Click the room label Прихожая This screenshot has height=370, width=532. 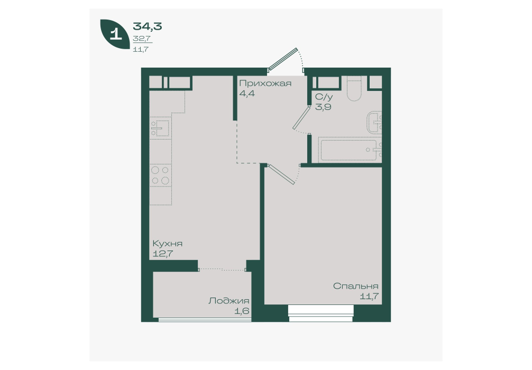(265, 84)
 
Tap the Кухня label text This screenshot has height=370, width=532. (167, 244)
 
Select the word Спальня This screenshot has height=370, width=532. (355, 286)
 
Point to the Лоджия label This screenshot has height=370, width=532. (229, 301)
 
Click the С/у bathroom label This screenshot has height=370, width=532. (324, 97)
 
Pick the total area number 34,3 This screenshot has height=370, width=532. (147, 26)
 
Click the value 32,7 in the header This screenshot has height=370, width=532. (142, 39)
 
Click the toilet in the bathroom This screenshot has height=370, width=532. (354, 88)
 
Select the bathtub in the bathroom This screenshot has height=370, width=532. (350, 150)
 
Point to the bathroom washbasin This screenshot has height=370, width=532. (374, 123)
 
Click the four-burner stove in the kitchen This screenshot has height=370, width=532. (160, 175)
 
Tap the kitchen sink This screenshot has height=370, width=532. (160, 127)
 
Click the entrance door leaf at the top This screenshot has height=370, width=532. (282, 59)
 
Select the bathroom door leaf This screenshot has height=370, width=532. (301, 117)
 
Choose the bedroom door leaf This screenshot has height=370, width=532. (281, 174)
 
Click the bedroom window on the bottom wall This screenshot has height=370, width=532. (321, 313)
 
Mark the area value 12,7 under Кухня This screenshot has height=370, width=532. (163, 253)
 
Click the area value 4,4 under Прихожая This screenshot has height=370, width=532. (247, 93)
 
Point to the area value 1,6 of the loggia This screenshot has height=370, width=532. (242, 311)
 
